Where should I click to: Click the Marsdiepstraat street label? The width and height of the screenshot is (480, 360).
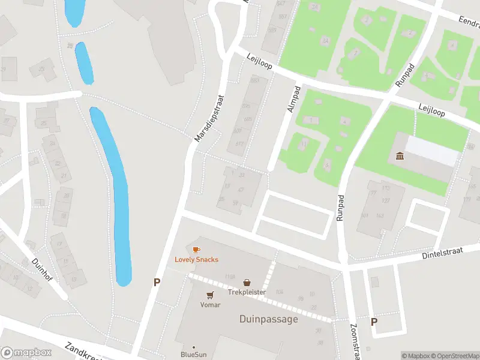tap(209, 118)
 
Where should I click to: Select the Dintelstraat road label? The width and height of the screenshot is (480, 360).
tap(443, 253)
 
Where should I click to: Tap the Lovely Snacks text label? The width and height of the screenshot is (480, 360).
tap(196, 260)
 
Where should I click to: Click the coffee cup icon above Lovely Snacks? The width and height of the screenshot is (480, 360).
tap(196, 250)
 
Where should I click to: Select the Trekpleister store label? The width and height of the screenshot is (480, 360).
tap(247, 292)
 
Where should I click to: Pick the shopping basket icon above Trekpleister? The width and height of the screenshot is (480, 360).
tap(247, 283)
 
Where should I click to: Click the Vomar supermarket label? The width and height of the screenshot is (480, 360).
tap(210, 305)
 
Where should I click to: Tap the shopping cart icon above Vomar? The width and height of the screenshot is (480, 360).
tap(210, 295)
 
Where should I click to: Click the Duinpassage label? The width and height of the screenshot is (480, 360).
tap(268, 319)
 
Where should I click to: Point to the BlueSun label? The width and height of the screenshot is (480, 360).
tap(193, 355)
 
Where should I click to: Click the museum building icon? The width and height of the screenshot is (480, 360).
tap(400, 157)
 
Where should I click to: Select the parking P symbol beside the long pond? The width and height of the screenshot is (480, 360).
tap(157, 282)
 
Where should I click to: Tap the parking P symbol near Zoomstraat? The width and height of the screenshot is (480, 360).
tap(374, 322)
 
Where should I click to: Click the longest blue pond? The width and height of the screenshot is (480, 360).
tap(114, 192)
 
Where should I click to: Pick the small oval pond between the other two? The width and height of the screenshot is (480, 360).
tap(84, 63)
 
